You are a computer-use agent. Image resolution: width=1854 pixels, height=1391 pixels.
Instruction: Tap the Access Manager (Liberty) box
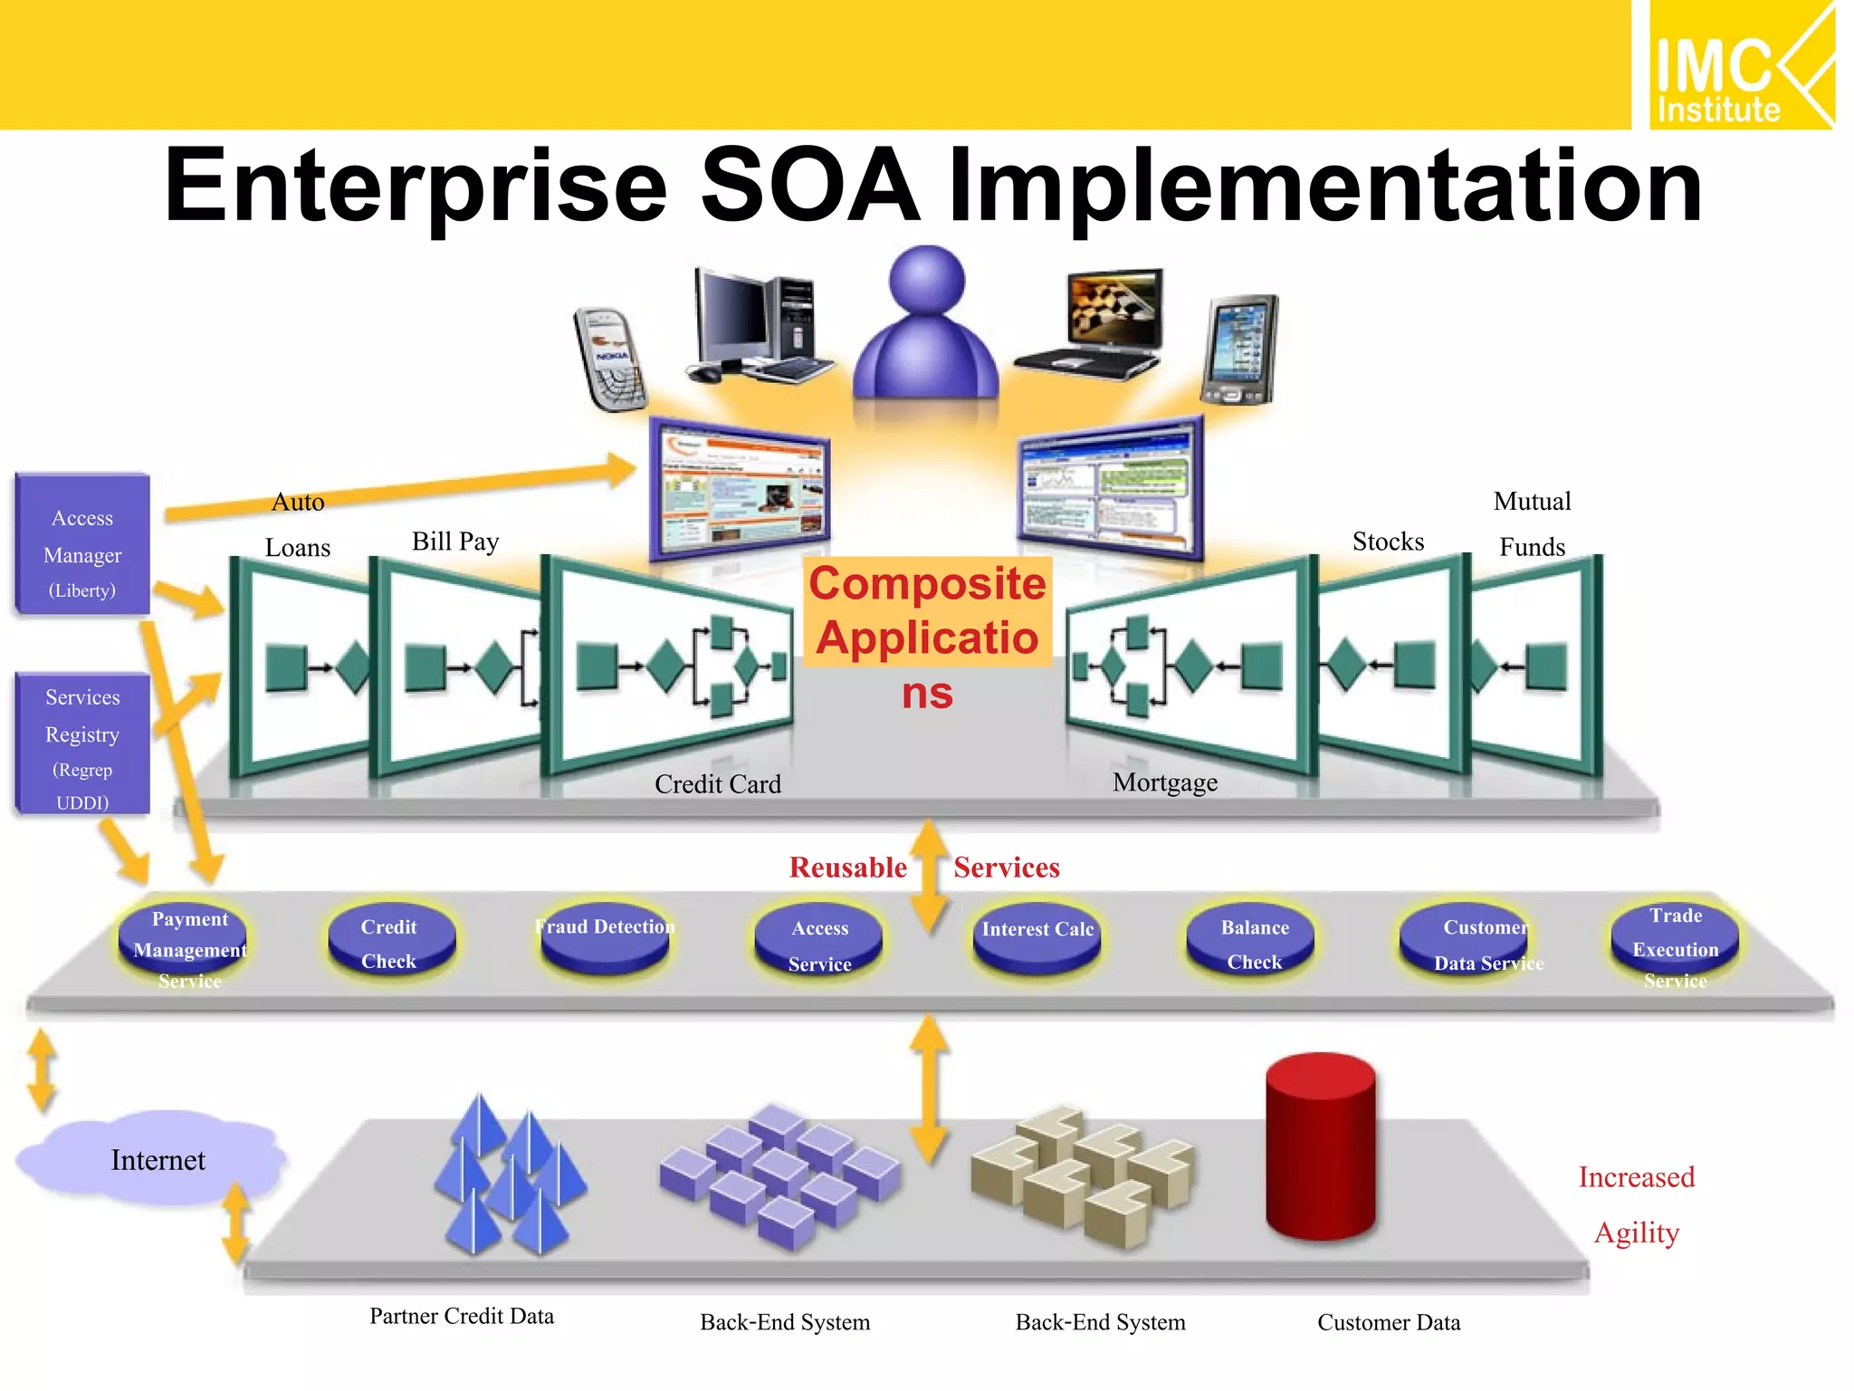point(82,544)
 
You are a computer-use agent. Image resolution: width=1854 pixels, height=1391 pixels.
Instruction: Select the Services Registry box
point(82,743)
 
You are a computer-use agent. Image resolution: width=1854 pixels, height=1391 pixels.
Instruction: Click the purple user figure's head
point(926,280)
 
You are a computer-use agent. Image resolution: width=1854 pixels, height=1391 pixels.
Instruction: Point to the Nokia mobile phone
point(610,359)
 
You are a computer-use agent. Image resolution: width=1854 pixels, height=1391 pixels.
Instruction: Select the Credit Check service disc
point(390,943)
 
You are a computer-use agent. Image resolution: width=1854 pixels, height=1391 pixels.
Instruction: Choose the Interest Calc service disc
point(1037,936)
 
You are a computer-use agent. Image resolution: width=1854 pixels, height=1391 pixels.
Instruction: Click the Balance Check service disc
point(1253,943)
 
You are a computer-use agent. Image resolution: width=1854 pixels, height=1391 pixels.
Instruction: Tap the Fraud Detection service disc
point(604,936)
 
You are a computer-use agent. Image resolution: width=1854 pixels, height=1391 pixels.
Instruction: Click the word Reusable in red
point(847,868)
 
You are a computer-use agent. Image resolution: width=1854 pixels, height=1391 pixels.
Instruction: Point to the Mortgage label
point(1164,782)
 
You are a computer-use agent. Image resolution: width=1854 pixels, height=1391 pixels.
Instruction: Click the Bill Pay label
point(455,542)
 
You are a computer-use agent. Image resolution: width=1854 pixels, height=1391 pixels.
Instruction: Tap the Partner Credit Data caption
point(462,1316)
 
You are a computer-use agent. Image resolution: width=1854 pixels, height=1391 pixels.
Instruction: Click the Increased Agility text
point(1636,1204)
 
